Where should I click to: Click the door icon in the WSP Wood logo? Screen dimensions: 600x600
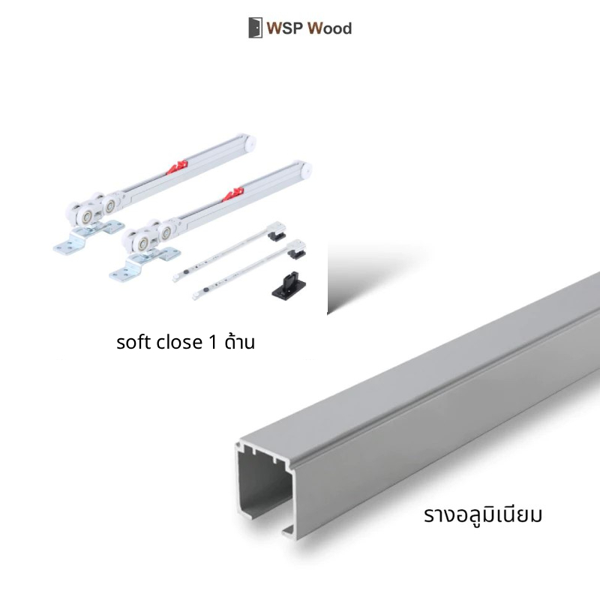coord(255,28)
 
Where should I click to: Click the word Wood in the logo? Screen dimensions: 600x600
coord(329,28)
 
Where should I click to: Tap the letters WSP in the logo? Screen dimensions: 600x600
coord(285,28)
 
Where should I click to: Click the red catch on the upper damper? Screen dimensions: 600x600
coord(177,167)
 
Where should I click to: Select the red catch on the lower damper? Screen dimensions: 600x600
coord(233,194)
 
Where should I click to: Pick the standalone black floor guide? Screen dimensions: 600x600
coord(289,284)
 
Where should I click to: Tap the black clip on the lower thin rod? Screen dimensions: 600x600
coord(297,253)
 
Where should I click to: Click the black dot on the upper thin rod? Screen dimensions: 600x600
coord(186,271)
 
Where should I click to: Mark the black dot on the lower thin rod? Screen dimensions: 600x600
coord(205,291)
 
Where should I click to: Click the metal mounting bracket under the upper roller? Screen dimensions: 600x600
coord(88,237)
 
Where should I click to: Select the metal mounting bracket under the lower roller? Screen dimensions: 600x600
coord(144,264)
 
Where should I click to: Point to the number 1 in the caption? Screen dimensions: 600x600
coord(213,342)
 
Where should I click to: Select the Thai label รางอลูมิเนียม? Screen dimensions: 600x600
coord(483,514)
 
